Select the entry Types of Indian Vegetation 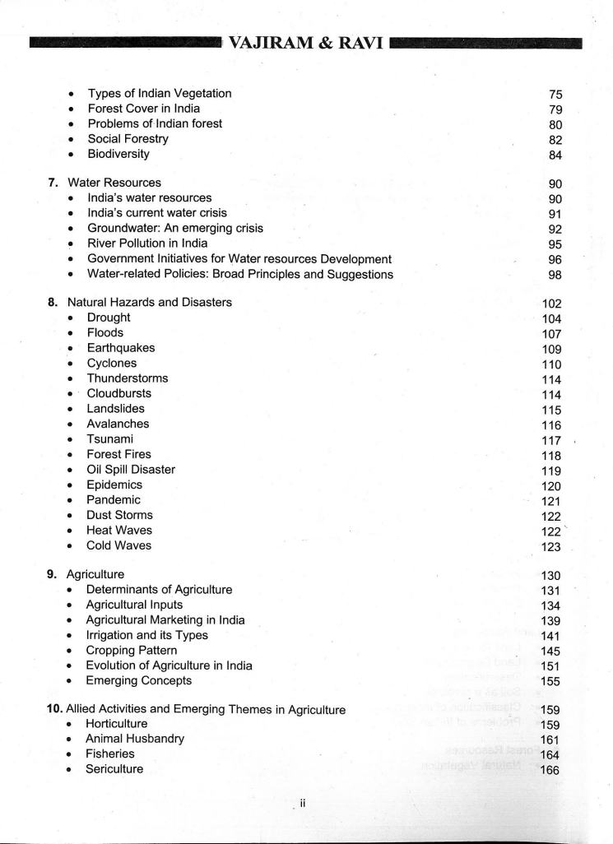[159, 93]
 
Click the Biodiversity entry [118, 154]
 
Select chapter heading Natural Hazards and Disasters [149, 302]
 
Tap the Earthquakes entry [120, 348]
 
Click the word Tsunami [109, 439]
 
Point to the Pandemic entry [114, 500]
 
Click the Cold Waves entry [118, 545]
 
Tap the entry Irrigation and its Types [146, 635]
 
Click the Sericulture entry [114, 769]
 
